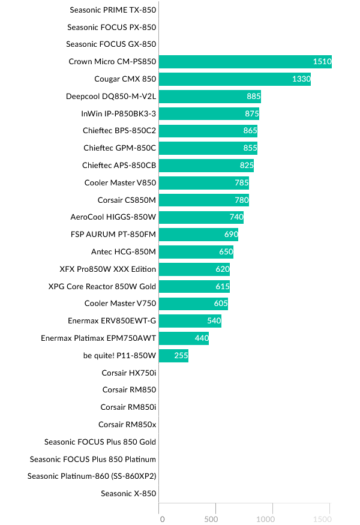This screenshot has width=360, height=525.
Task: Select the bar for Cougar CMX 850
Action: [235, 79]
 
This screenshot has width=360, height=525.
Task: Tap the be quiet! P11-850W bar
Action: [173, 356]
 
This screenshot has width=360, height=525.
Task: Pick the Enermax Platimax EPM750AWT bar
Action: [184, 338]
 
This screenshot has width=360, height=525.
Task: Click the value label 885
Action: [253, 96]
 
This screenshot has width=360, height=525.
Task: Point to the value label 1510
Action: [322, 61]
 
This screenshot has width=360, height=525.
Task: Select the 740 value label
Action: [236, 217]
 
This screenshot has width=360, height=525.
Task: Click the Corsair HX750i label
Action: [128, 373]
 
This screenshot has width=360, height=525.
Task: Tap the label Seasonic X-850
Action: [128, 494]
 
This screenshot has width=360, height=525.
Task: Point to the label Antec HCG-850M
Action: [123, 252]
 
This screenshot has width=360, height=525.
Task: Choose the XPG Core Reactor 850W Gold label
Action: [102, 286]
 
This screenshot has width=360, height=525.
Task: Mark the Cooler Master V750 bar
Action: [193, 304]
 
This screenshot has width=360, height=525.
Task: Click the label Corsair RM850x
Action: [127, 425]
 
